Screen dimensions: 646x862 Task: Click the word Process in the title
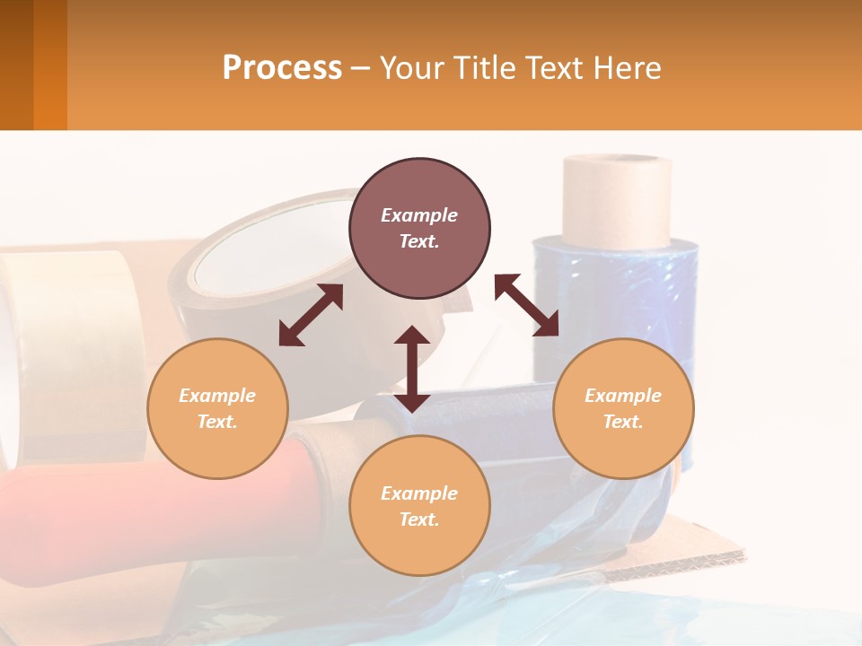282,68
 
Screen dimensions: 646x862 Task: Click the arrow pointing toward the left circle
311,315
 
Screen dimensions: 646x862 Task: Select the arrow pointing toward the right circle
526,305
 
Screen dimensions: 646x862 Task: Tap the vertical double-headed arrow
412,369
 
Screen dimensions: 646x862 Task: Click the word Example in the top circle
419,215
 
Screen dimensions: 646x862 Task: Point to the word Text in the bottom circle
419,519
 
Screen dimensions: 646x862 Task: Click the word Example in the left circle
217,396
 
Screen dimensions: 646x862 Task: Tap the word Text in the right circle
623,422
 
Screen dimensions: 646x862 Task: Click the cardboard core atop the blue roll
617,199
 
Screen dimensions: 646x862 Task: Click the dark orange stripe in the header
49,65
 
